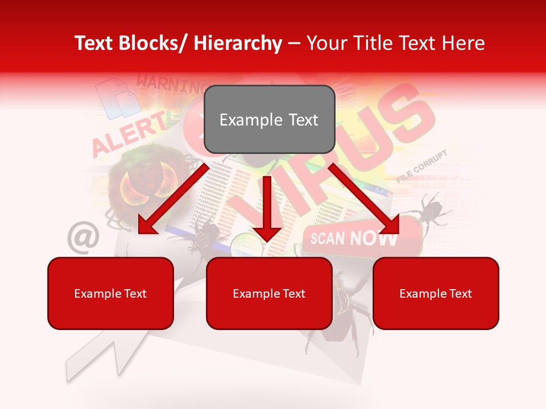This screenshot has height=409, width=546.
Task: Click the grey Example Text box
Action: coord(269,120)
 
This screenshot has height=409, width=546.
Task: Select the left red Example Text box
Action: coord(110,294)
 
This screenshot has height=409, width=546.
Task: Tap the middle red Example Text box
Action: coord(269,294)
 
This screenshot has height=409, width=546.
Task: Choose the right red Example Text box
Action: coord(436,294)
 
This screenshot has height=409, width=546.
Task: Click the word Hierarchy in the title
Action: coord(238,43)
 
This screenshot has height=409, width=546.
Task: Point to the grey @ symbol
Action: coord(83,237)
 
